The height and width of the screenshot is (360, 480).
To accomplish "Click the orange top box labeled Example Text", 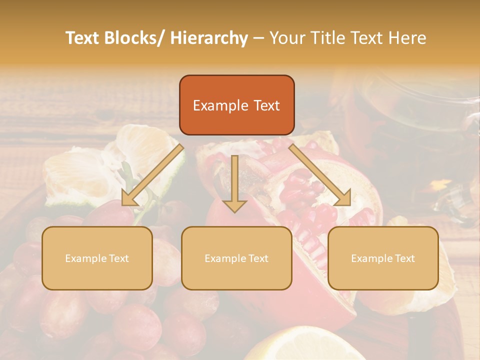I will pos(236,105).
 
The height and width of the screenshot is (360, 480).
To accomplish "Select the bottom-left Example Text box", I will pos(97,258).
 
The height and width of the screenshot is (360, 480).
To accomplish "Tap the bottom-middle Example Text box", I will pos(236,258).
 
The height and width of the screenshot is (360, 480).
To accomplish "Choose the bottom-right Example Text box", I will pos(383,258).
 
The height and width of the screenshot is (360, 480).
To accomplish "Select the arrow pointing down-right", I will pos(320,175).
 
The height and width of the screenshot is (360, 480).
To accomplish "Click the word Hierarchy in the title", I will pos(209,38).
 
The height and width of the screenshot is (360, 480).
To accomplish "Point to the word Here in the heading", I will pos(407,38).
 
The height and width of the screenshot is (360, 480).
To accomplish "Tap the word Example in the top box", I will pos(220,105).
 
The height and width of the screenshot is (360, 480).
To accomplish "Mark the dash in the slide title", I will pos(258,38).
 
